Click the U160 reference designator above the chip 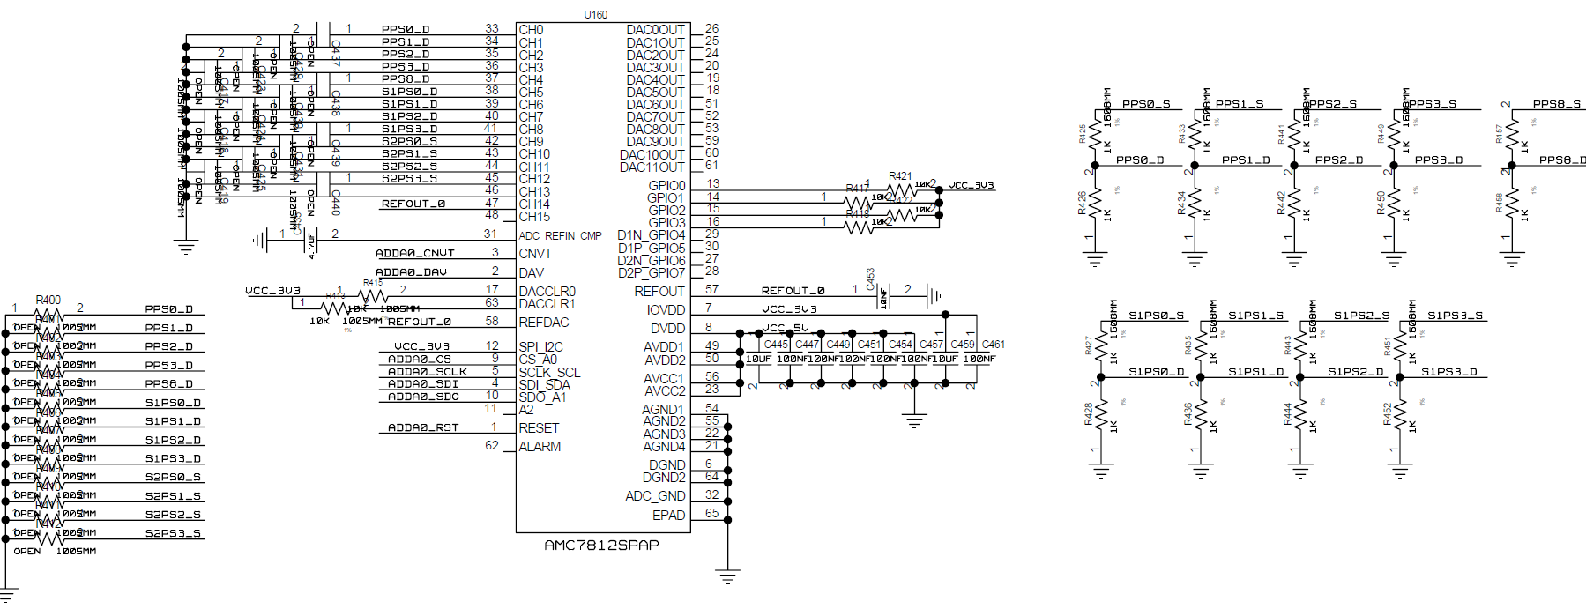pos(595,14)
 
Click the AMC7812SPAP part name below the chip pos(601,545)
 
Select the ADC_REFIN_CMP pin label pos(560,235)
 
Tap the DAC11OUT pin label pos(652,167)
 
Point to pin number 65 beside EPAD pos(711,513)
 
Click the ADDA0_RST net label pos(423,427)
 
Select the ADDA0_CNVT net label pos(414,253)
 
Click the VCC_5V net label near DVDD pos(786,328)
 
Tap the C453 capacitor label pos(870,279)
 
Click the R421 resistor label pos(900,176)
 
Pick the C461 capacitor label pos(994,345)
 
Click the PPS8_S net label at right pos(1556,104)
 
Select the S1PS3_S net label pos(1455,315)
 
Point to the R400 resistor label pos(48,300)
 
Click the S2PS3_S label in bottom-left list pos(173,533)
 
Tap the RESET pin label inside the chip pos(539,428)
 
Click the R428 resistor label pos(1089,414)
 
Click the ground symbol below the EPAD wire pos(727,578)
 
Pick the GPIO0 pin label pos(666,185)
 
